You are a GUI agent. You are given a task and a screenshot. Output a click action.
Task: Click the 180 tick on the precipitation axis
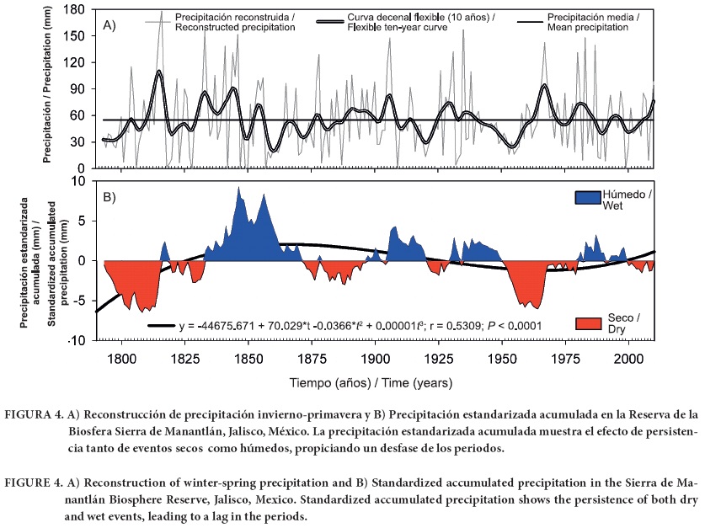click(78, 11)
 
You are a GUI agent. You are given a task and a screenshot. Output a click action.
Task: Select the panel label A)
click(109, 25)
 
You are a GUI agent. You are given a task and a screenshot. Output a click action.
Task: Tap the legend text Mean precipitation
click(587, 27)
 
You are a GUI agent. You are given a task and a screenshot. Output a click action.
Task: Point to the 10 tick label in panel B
click(82, 180)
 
